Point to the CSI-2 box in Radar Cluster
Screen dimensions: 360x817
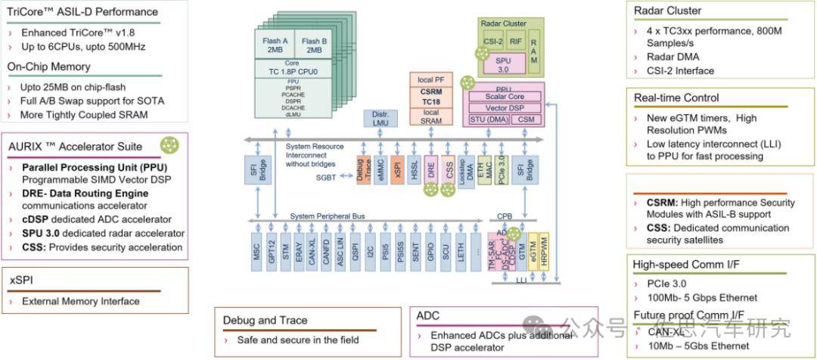coord(493,42)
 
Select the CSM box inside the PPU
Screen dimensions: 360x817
coord(528,119)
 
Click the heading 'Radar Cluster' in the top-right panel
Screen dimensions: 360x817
coord(668,11)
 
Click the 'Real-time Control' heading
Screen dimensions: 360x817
coord(676,98)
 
